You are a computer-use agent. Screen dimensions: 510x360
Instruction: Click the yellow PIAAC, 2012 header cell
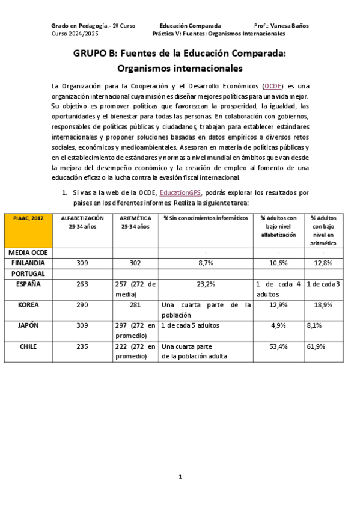(x=28, y=218)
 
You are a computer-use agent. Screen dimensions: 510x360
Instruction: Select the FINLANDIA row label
(x=28, y=263)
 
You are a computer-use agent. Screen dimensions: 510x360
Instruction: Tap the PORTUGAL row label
(x=28, y=273)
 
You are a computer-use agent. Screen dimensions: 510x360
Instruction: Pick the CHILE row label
(x=28, y=346)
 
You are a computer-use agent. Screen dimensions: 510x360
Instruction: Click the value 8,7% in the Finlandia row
(x=206, y=263)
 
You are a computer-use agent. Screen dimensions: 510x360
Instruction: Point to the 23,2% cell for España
(x=206, y=284)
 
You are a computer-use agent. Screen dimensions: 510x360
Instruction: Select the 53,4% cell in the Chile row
(x=278, y=346)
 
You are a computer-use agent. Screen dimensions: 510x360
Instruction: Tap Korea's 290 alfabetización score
(x=83, y=305)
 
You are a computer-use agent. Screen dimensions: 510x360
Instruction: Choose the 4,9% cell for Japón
(x=278, y=325)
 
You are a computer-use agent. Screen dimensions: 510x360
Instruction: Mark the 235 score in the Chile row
(x=83, y=346)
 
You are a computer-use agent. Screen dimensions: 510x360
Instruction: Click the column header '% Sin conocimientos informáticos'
(x=206, y=218)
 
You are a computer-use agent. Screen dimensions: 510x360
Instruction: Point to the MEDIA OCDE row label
(x=28, y=253)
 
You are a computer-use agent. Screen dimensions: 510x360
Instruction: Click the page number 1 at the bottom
(x=180, y=476)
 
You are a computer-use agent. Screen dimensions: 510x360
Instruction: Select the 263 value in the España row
(x=83, y=284)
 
